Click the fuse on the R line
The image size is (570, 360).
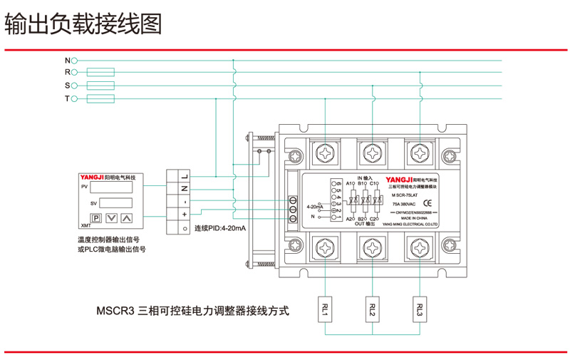point(100,72)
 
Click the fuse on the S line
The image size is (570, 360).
point(100,86)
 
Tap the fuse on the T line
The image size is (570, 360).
point(100,98)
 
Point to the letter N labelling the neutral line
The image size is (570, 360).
point(68,60)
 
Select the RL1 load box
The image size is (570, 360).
point(325,309)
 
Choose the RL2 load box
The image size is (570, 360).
point(372,309)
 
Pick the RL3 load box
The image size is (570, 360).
point(419,309)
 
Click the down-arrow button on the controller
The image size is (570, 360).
point(111,218)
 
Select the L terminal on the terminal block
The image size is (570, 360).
point(184,175)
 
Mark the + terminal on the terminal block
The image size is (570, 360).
point(184,214)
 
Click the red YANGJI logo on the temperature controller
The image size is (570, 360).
point(92,176)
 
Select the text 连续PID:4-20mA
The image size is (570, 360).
point(220,228)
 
